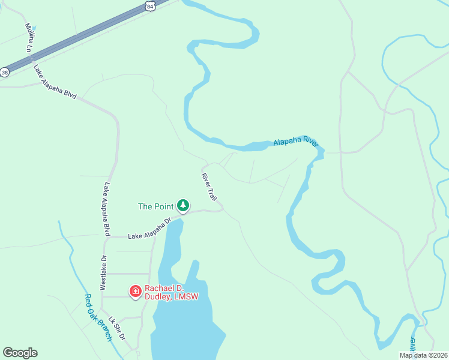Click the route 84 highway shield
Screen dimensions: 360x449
pyautogui.click(x=150, y=5)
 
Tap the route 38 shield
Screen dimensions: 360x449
pyautogui.click(x=5, y=72)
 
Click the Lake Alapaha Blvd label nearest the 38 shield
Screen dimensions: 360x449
pyautogui.click(x=55, y=82)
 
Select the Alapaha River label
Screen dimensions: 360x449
pyautogui.click(x=295, y=142)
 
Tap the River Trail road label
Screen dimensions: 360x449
pyautogui.click(x=209, y=187)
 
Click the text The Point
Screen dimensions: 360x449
pyautogui.click(x=155, y=206)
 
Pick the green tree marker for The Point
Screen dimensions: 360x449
pyautogui.click(x=183, y=206)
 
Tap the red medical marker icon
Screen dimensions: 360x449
pyautogui.click(x=136, y=292)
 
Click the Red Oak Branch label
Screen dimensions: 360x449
pyautogui.click(x=98, y=317)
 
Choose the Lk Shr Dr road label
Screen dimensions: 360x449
pyautogui.click(x=116, y=328)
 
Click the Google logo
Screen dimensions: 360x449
pyautogui.click(x=20, y=353)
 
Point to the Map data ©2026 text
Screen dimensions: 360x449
pyautogui.click(x=423, y=355)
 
